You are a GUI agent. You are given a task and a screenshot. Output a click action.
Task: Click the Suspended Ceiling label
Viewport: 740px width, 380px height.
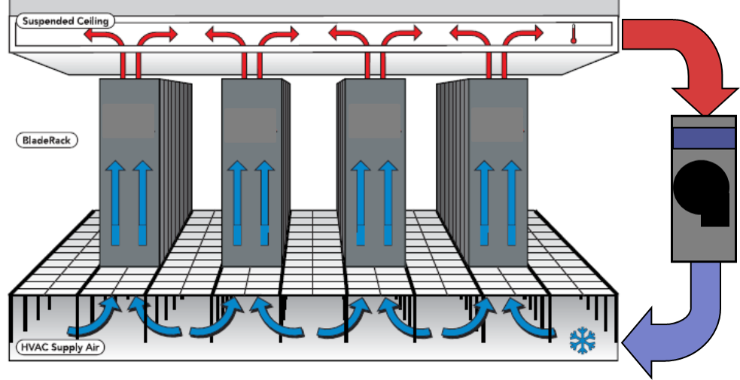[65, 21]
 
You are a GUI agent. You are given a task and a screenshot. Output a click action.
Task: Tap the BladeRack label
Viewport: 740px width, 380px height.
[47, 141]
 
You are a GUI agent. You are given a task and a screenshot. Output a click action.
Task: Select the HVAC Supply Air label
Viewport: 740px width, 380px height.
[60, 348]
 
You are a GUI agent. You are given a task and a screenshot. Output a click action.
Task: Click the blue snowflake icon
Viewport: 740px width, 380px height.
[583, 340]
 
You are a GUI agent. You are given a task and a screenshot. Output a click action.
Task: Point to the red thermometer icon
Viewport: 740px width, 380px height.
[574, 35]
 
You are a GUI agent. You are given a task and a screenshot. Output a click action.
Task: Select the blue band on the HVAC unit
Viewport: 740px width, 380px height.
[704, 138]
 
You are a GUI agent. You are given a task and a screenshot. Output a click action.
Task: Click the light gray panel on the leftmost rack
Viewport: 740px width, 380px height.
[129, 121]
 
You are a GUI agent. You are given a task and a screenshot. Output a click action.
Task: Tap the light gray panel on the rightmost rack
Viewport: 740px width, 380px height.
[497, 125]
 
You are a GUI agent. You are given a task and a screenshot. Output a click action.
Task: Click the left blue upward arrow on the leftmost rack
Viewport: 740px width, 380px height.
[114, 202]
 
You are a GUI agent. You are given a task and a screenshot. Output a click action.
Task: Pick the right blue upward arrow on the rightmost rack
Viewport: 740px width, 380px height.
[511, 202]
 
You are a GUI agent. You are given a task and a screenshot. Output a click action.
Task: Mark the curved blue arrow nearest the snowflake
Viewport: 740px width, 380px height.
[526, 318]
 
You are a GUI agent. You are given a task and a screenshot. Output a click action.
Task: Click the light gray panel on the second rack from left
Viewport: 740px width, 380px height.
[250, 126]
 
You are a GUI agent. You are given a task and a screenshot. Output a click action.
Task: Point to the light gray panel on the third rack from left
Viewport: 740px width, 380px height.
[375, 121]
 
